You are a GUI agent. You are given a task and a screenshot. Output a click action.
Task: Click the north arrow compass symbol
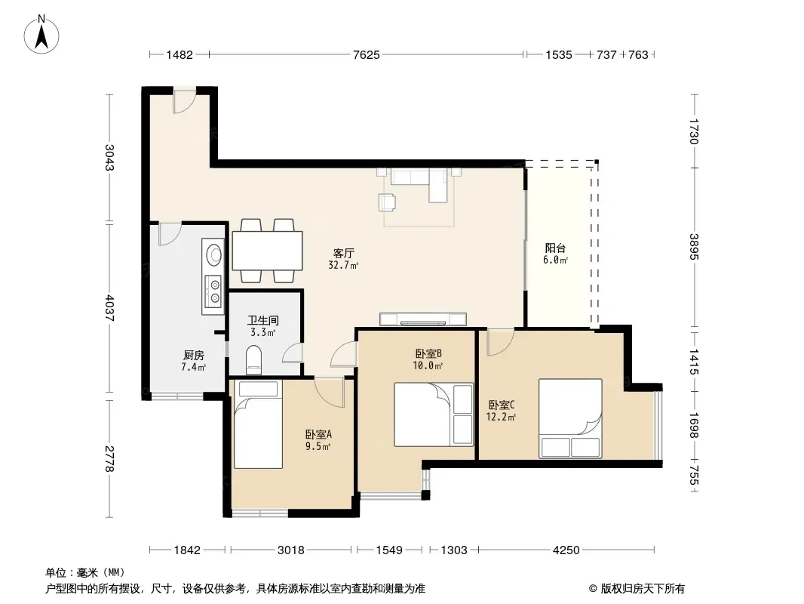coord(41,34)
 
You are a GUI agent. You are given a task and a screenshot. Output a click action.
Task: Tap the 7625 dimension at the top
coord(366,54)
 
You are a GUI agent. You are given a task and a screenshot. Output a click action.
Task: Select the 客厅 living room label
coord(343,253)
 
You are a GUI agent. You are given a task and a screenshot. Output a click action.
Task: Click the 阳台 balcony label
coord(555,248)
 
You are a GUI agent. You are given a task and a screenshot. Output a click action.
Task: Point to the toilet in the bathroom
coord(254,359)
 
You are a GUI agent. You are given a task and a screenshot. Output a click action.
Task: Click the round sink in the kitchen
coord(213,254)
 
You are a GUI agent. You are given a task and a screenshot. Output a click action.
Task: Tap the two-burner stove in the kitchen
coord(213,291)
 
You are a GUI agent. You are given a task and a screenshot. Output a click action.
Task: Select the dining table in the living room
coord(267,251)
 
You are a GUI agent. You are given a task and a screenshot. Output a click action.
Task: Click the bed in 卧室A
coord(258,424)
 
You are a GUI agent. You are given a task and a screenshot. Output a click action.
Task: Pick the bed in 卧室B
coord(433,414)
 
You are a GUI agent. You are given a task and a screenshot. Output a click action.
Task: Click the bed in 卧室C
coord(570,418)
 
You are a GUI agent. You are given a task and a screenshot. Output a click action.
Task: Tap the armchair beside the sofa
coord(387,202)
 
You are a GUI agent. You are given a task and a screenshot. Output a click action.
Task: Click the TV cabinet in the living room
coord(423,319)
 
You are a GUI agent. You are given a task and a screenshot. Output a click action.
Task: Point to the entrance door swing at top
coord(184,101)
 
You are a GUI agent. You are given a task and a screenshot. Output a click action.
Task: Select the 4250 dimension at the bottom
coord(566,550)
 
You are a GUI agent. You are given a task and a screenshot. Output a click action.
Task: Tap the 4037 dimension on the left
coord(109,307)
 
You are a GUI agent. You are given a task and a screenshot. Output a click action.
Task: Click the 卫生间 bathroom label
coord(263,321)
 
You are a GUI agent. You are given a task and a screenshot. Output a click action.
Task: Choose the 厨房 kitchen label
coord(194,355)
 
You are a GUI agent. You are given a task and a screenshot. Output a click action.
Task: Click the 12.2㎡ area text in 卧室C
coord(501,418)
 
